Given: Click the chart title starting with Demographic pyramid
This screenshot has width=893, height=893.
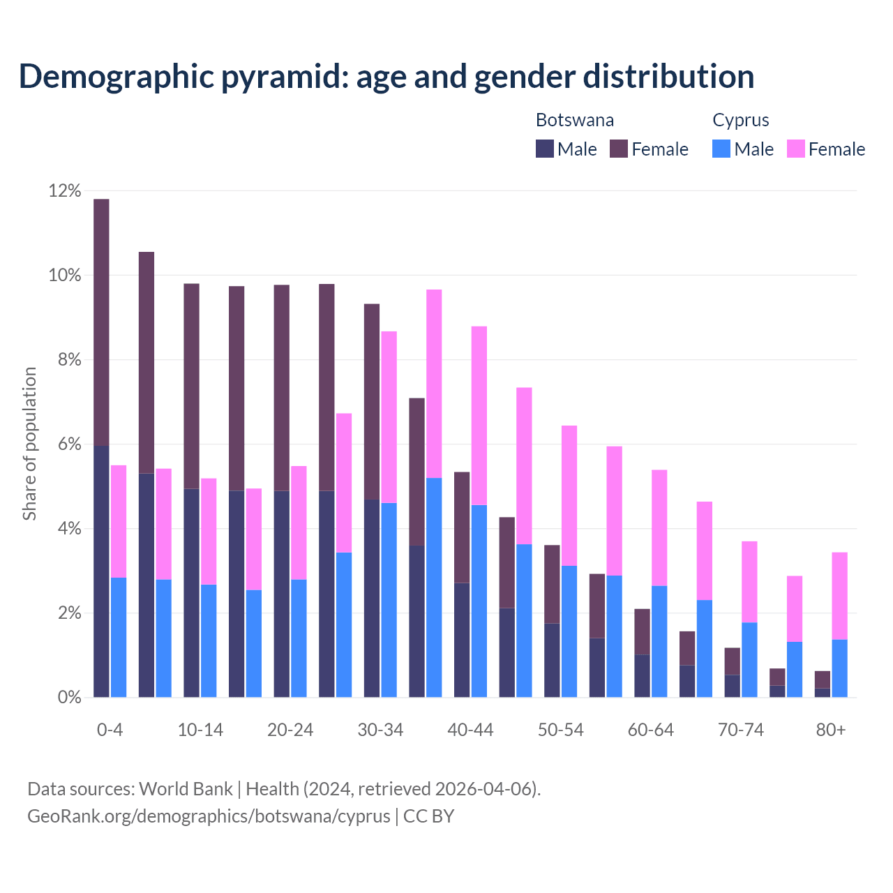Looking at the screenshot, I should click(387, 76).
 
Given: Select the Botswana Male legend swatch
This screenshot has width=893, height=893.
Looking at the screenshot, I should click(545, 149).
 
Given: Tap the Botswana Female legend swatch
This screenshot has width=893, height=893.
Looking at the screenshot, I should click(619, 149).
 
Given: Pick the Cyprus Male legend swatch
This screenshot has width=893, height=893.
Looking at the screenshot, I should click(721, 149).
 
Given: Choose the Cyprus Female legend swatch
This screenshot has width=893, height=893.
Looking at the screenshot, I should click(796, 149).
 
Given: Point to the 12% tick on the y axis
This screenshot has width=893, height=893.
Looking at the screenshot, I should click(65, 191).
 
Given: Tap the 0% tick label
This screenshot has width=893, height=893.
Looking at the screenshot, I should click(68, 698).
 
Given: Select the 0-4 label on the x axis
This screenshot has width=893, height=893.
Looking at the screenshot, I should click(110, 730).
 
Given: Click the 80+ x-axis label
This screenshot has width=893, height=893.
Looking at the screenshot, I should click(831, 730).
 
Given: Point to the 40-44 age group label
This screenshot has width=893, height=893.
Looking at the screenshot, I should click(470, 730).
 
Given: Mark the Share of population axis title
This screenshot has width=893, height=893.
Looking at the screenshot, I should click(29, 444).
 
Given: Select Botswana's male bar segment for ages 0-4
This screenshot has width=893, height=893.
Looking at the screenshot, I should click(101, 571).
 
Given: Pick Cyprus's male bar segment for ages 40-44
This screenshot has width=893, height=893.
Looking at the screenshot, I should click(479, 601).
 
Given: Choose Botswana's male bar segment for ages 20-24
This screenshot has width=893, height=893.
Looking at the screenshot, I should click(281, 594).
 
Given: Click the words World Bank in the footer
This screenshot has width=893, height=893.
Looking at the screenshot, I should click(186, 789).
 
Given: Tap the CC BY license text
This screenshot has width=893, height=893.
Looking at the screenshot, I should click(428, 816).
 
